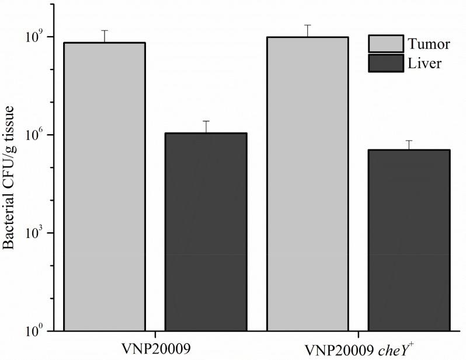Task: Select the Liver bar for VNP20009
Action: [206, 232]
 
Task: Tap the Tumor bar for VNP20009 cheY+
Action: [307, 184]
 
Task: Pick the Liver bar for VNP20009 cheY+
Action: [409, 240]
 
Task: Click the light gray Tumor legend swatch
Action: [385, 44]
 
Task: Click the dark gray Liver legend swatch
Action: [385, 63]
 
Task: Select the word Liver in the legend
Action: [425, 63]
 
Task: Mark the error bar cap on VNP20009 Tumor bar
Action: [105, 30]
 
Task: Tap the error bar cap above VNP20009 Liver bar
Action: [206, 121]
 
